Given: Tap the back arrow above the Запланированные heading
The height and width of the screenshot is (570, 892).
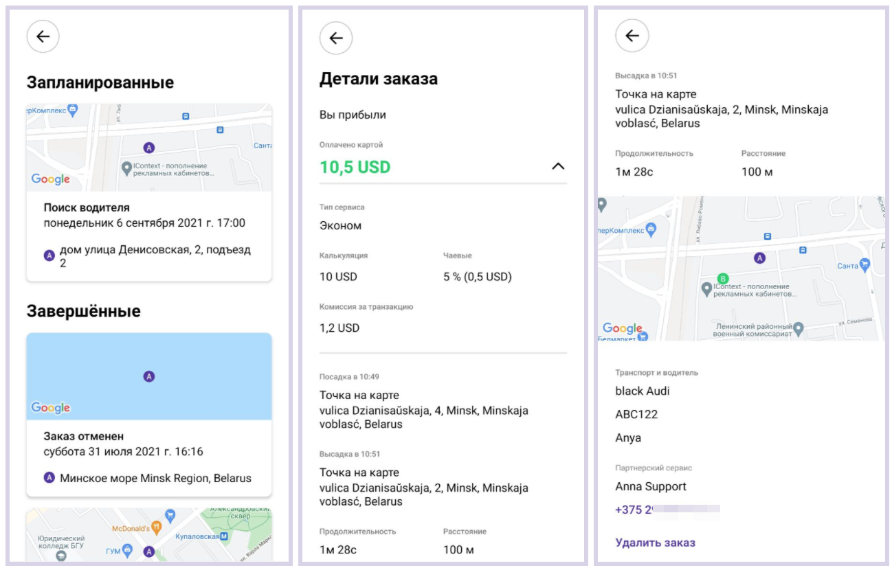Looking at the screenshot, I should coord(43,36).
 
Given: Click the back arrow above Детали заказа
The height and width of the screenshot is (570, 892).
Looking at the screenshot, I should coord(336,38).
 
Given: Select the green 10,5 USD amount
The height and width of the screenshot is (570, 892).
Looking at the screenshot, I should coord(355,167).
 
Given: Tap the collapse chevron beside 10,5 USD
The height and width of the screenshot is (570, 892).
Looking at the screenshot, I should coord(558,166).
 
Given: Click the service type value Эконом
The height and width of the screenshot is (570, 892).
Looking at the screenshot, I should coord(340,225).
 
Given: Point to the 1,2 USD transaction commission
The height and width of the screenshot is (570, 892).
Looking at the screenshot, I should coord(339,328).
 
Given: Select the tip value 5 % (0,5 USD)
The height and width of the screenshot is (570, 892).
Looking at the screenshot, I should coord(478,277).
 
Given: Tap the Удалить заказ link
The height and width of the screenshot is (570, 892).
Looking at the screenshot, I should coord(655,543).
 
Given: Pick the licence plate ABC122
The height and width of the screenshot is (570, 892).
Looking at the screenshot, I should coord(636,414).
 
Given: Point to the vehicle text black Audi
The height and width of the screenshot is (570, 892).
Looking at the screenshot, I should coord(643,391).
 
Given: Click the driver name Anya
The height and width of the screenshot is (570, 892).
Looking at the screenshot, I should coord(628,437).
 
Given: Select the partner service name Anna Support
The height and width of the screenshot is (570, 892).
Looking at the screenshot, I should coord(651,486).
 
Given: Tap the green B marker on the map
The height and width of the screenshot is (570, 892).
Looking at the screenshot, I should coord(722,278).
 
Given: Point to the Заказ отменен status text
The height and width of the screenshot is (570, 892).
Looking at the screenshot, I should coord(84,436).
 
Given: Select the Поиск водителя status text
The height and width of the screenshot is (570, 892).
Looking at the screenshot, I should coord(87,207).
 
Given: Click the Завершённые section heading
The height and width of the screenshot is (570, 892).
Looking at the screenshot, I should coord(83,311).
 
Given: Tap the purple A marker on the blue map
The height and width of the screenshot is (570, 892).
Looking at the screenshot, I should coord(149,376).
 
